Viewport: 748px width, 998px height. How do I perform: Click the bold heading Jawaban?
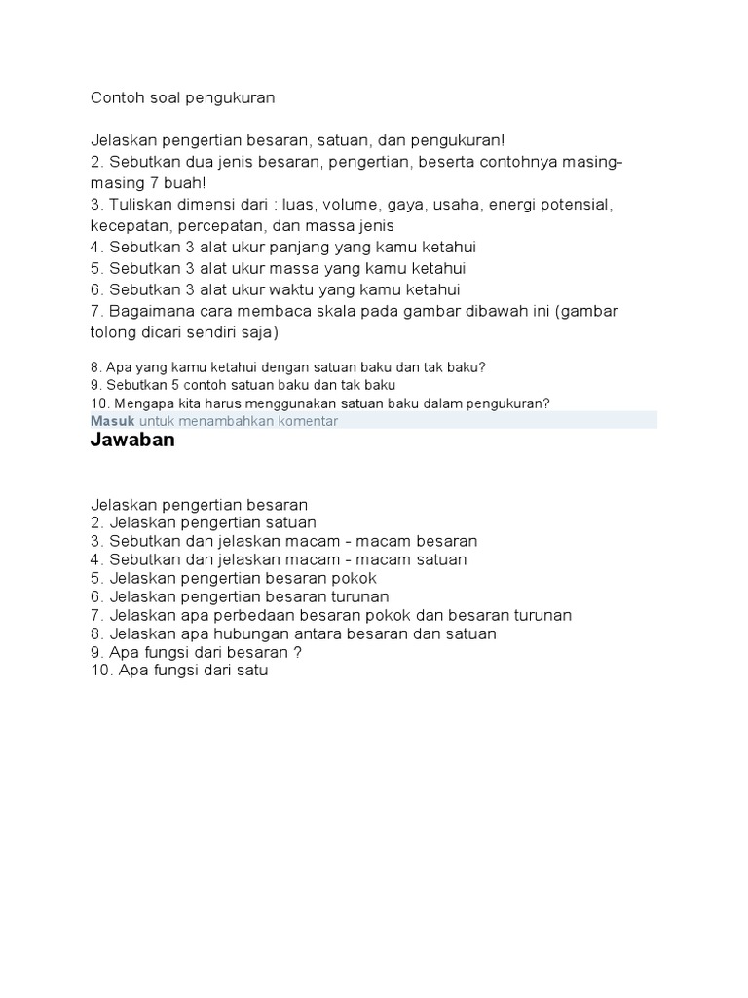(132, 440)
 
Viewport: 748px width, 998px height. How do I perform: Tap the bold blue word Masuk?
(112, 420)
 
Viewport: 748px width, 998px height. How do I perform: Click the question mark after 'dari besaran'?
(298, 652)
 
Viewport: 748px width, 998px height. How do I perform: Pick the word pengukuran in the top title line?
(234, 97)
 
